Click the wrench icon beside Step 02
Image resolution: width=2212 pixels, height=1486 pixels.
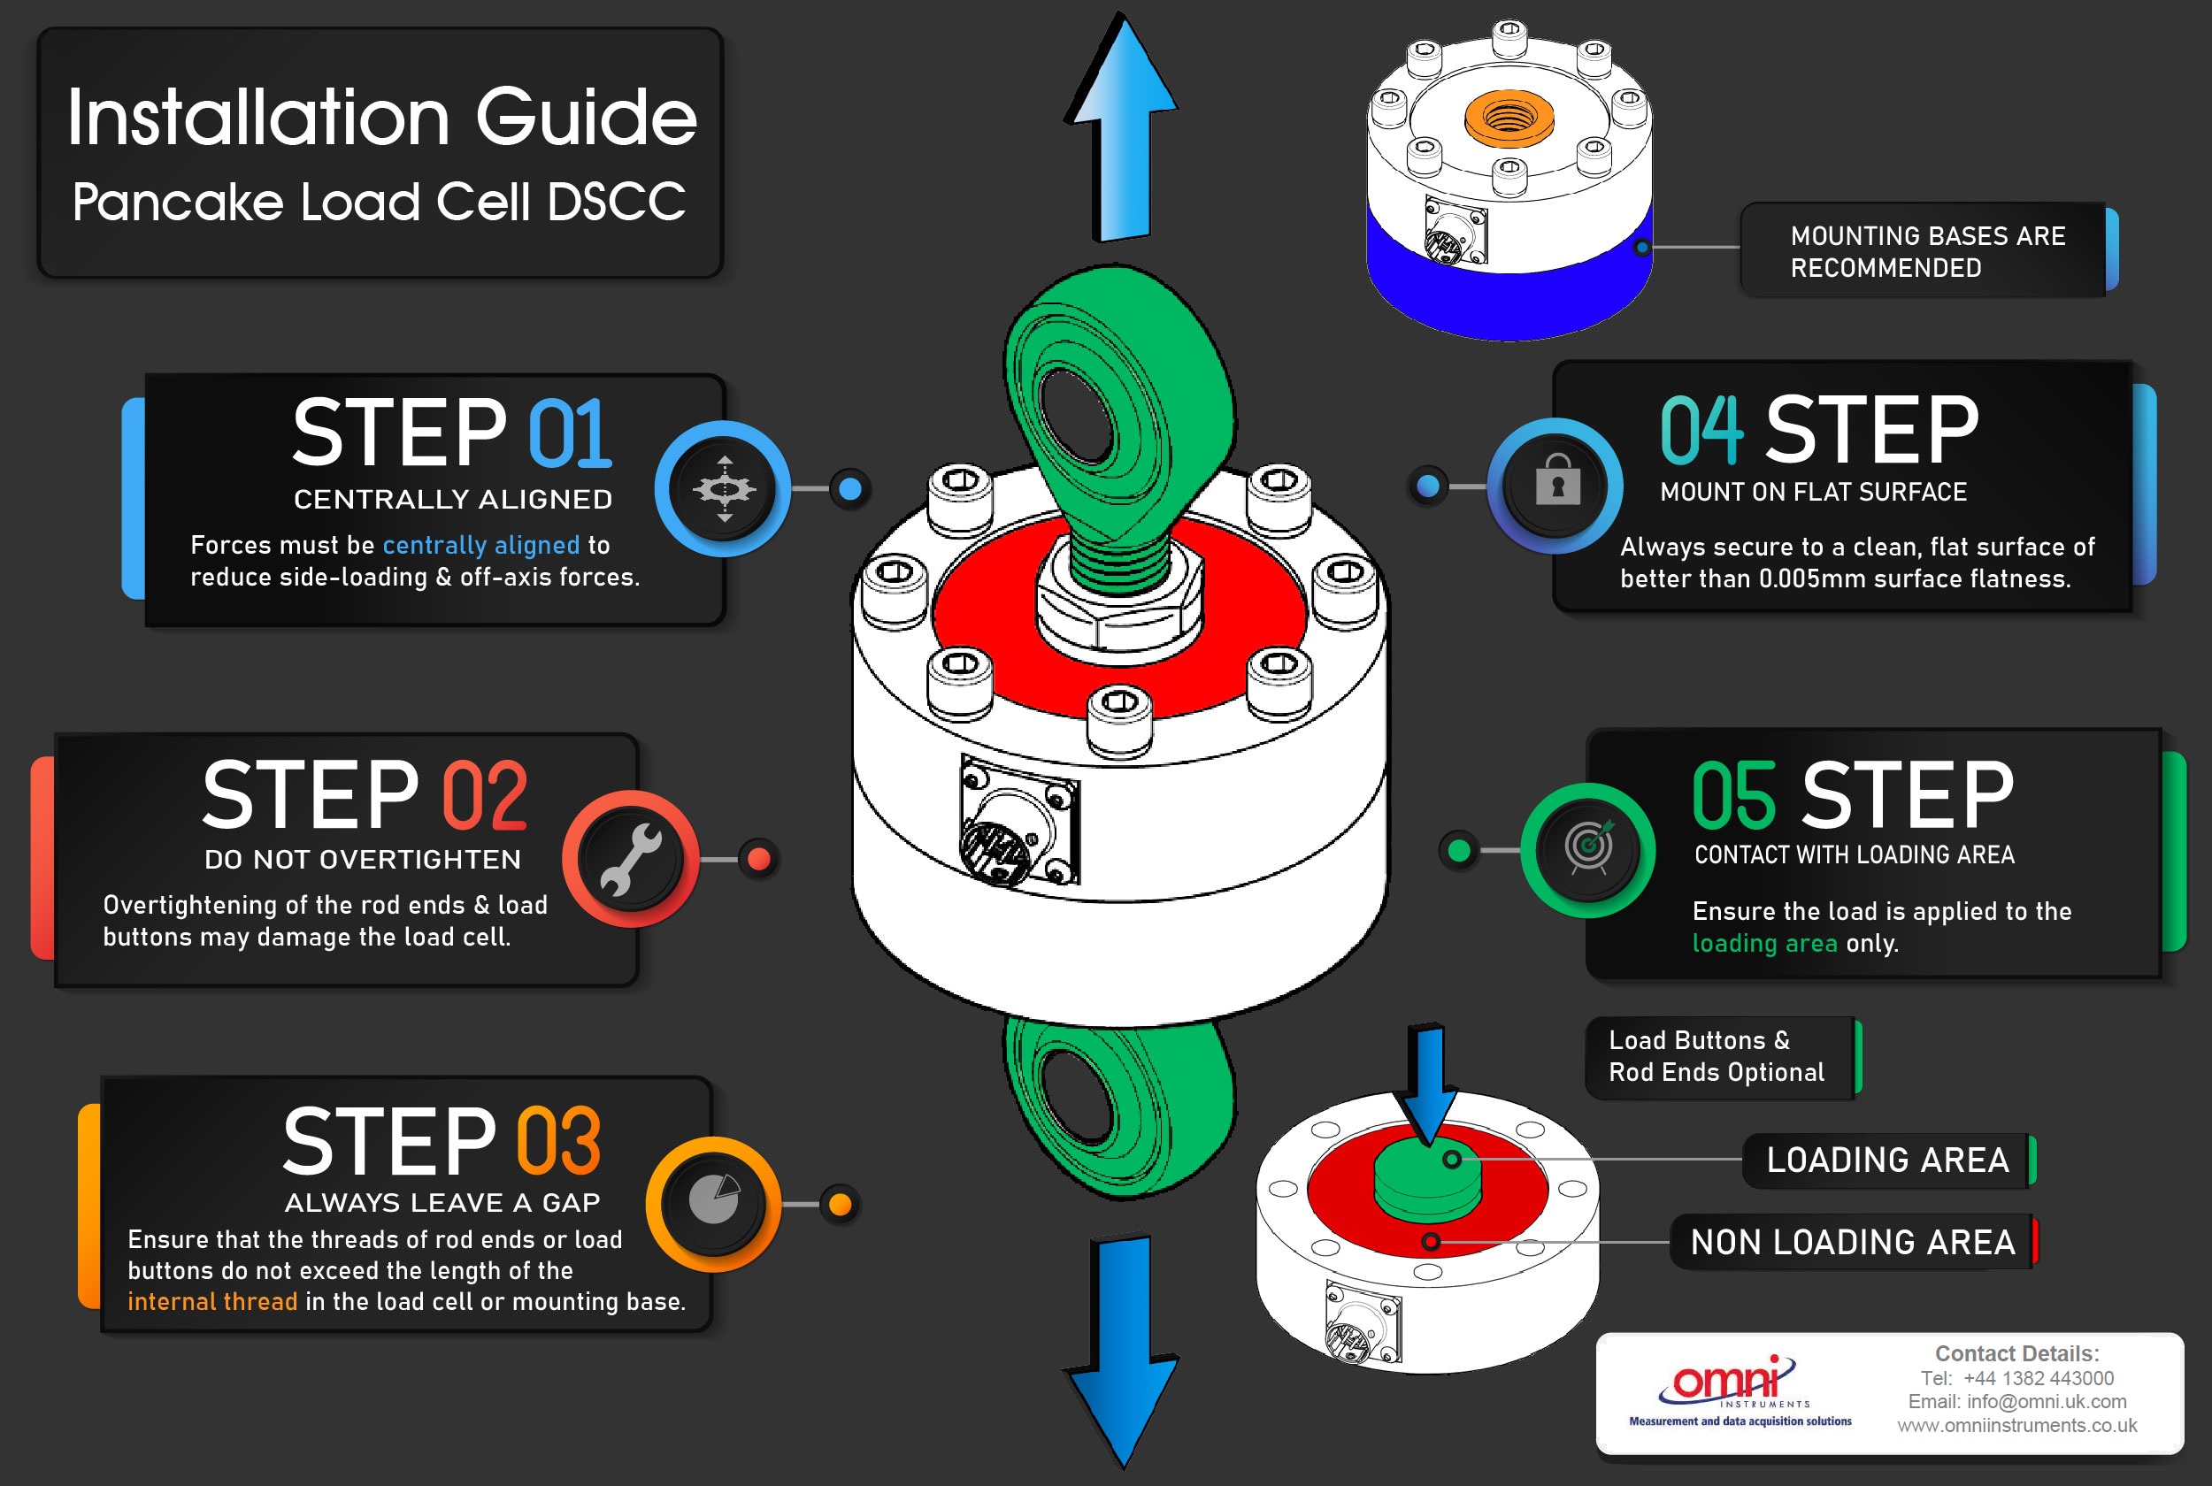pyautogui.click(x=630, y=859)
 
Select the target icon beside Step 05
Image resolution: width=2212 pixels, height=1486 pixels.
pyautogui.click(x=1589, y=848)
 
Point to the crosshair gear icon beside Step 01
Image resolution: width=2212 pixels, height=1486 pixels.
pyautogui.click(x=724, y=489)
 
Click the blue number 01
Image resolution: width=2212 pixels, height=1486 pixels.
pyautogui.click(x=570, y=433)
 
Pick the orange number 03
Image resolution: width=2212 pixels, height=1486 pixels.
pyautogui.click(x=558, y=1141)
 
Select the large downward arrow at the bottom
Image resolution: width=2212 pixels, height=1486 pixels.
pyautogui.click(x=1122, y=1351)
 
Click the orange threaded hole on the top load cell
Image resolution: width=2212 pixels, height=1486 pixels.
pyautogui.click(x=1508, y=118)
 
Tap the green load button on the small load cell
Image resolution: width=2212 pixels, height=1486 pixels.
pyautogui.click(x=1426, y=1177)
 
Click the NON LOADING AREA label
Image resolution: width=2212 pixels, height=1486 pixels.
pyautogui.click(x=1853, y=1242)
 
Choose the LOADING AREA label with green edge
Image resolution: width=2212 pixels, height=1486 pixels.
pyautogui.click(x=1887, y=1160)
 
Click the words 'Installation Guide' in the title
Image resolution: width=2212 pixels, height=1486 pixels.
pyautogui.click(x=382, y=118)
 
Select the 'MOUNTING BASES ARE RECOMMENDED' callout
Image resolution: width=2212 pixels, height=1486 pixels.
pyautogui.click(x=1927, y=251)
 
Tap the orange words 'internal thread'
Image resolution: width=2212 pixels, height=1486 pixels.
pyautogui.click(x=212, y=1301)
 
